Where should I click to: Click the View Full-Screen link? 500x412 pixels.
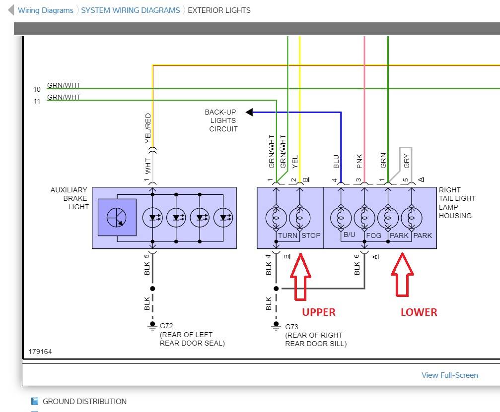pyautogui.click(x=449, y=375)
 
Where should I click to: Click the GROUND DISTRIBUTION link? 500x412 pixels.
pyautogui.click(x=84, y=401)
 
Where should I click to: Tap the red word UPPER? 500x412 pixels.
pyautogui.click(x=319, y=312)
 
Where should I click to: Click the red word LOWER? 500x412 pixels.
pyautogui.click(x=419, y=312)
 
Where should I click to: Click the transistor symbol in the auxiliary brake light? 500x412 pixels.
pyautogui.click(x=117, y=217)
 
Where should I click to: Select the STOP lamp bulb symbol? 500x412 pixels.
pyautogui.click(x=300, y=217)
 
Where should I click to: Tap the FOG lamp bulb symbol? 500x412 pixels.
pyautogui.click(x=364, y=217)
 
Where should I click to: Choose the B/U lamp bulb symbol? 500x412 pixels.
pyautogui.click(x=341, y=217)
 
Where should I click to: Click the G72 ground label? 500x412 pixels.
pyautogui.click(x=166, y=326)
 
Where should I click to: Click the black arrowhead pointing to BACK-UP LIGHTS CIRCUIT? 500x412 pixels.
pyautogui.click(x=249, y=113)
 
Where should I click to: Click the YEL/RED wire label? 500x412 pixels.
pyautogui.click(x=147, y=128)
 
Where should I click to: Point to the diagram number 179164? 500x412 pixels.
pyautogui.click(x=40, y=352)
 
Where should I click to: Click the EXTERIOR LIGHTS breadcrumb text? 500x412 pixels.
pyautogui.click(x=219, y=10)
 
